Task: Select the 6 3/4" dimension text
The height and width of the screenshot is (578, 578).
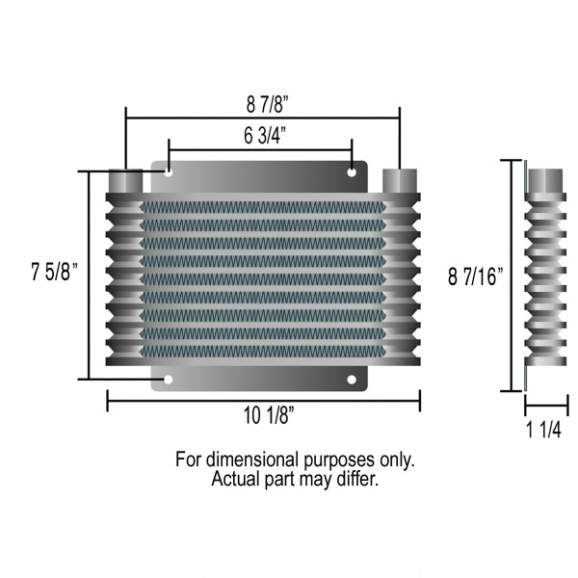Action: tap(262, 136)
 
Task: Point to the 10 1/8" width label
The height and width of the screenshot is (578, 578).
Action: tap(262, 415)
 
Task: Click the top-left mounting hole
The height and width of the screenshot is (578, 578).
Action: tap(169, 173)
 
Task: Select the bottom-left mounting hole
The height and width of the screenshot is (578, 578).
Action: tap(169, 380)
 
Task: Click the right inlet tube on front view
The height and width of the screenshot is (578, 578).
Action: tap(399, 180)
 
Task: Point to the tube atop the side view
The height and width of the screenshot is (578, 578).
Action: tap(545, 180)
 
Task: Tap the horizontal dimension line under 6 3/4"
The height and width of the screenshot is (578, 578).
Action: tap(262, 150)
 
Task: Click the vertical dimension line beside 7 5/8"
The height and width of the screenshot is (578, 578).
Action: tap(91, 276)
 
